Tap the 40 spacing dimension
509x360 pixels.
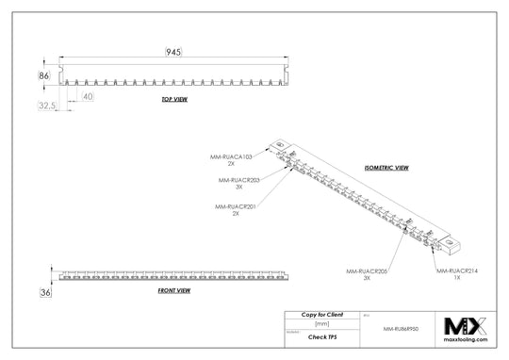pyautogui.click(x=88, y=96)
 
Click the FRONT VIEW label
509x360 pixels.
pyautogui.click(x=174, y=291)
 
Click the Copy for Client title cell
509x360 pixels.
pyautogui.click(x=322, y=313)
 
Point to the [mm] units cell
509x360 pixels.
pyautogui.click(x=322, y=323)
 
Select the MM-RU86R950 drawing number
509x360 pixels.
pyautogui.click(x=402, y=331)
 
